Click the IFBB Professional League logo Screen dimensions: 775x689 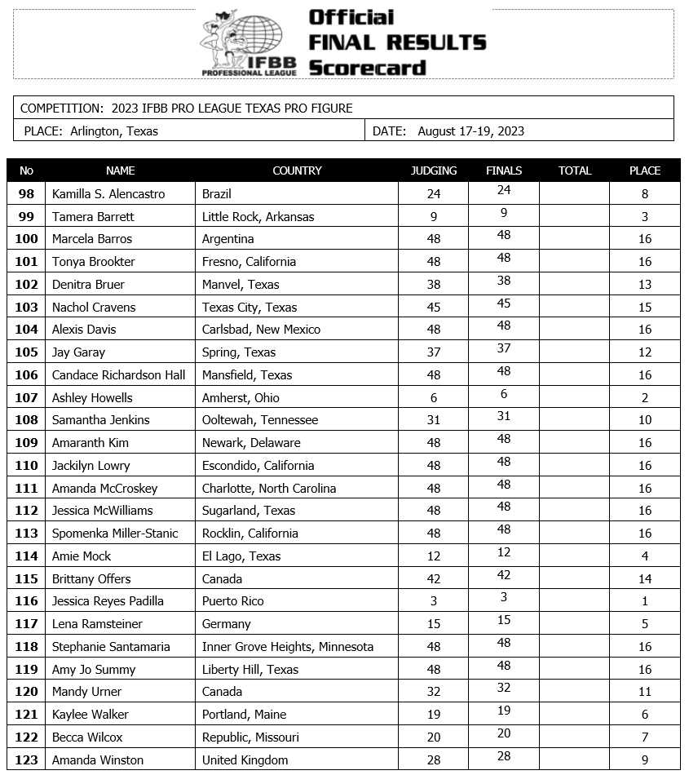[x=242, y=43]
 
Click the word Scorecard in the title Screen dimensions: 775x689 [x=367, y=68]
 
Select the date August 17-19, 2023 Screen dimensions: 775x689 [x=470, y=131]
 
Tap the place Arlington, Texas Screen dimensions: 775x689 [x=114, y=131]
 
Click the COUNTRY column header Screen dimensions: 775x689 [x=297, y=170]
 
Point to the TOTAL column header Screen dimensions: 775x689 [x=574, y=170]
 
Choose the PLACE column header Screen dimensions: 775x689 [x=644, y=170]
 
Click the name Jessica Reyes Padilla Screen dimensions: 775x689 [x=108, y=601]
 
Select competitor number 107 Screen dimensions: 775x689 [x=27, y=398]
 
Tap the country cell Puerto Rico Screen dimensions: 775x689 [x=233, y=601]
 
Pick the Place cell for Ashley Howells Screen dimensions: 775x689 [x=644, y=398]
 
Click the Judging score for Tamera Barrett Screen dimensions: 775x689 [x=434, y=217]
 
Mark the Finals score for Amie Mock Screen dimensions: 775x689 [x=504, y=552]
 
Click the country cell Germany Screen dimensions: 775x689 [x=227, y=624]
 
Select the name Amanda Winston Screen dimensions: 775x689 [x=91, y=760]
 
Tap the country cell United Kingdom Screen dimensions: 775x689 [x=245, y=760]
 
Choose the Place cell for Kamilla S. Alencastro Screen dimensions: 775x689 [x=644, y=194]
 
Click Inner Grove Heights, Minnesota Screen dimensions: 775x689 [x=288, y=647]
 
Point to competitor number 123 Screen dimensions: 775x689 [x=27, y=760]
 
